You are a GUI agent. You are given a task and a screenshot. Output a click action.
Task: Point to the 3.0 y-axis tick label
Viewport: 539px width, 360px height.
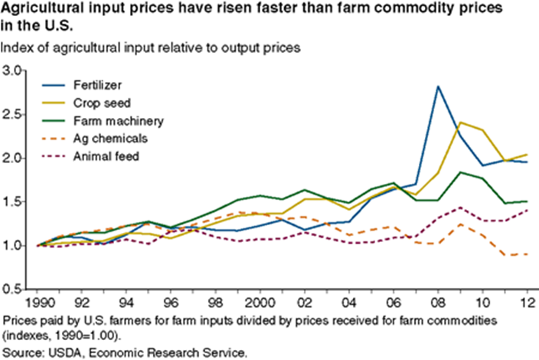tap(13, 70)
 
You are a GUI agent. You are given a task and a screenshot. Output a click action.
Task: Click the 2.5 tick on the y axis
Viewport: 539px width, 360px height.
tap(13, 114)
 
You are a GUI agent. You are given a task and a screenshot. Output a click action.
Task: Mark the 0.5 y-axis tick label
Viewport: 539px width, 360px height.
tap(13, 290)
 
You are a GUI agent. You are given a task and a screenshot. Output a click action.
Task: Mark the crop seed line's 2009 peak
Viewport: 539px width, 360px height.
tap(459, 122)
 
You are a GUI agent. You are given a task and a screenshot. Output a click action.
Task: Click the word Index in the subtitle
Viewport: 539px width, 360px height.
tap(18, 47)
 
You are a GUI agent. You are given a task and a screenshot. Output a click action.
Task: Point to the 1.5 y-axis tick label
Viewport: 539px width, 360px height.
tap(13, 202)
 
